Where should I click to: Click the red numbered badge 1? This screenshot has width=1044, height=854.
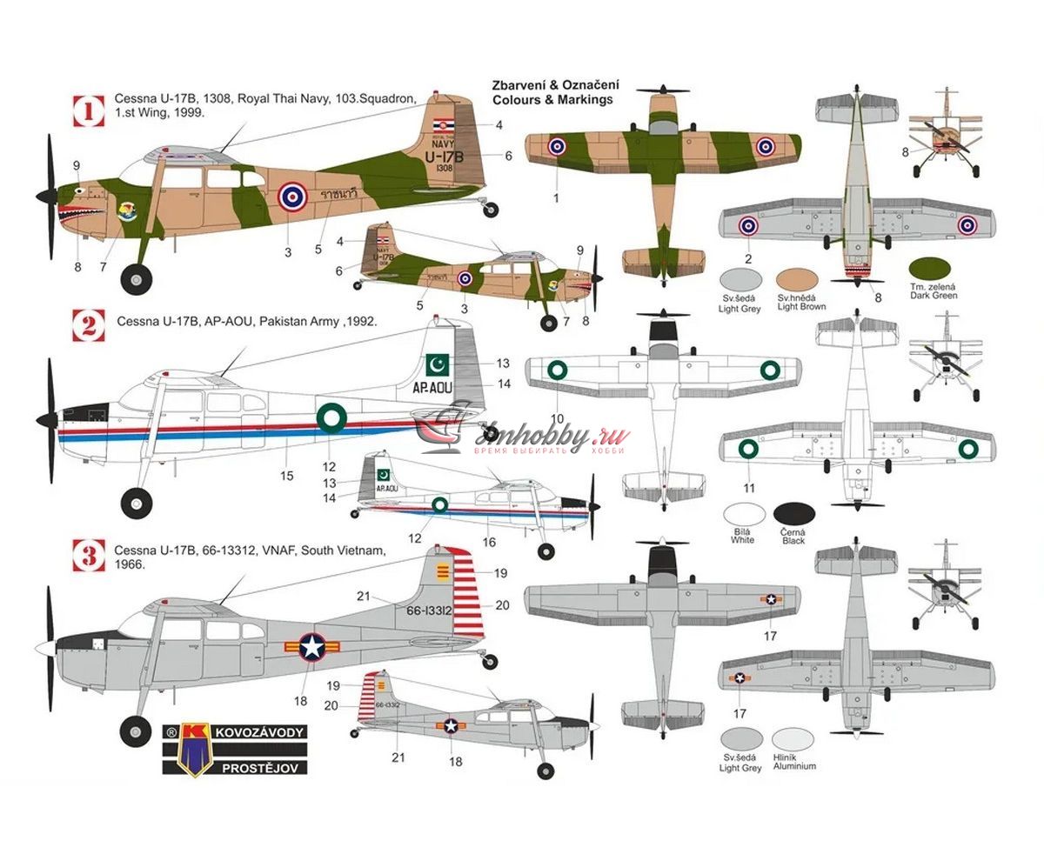pos(87,110)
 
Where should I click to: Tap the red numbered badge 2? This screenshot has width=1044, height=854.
pos(87,325)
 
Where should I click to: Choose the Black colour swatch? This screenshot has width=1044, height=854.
pos(793,515)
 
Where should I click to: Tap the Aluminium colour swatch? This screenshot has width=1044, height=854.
pos(793,741)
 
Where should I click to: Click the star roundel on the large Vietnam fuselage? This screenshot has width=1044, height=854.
pos(311,646)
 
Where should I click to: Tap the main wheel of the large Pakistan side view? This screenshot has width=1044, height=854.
pos(137,502)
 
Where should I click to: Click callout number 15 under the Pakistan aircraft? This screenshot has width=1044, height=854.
pos(287,476)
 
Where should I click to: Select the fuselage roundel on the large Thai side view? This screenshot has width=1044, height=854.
pos(291,197)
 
